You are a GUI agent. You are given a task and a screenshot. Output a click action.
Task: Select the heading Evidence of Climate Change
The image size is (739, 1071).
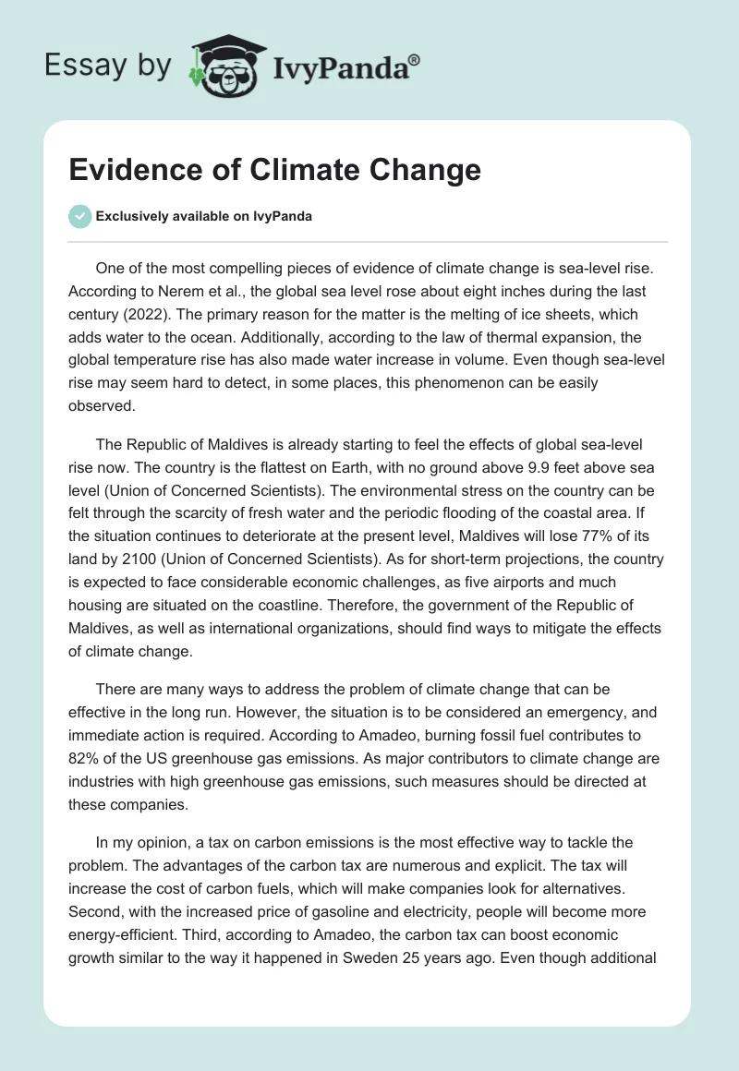(275, 171)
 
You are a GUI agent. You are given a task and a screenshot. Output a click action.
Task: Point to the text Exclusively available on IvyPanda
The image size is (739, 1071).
(204, 216)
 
